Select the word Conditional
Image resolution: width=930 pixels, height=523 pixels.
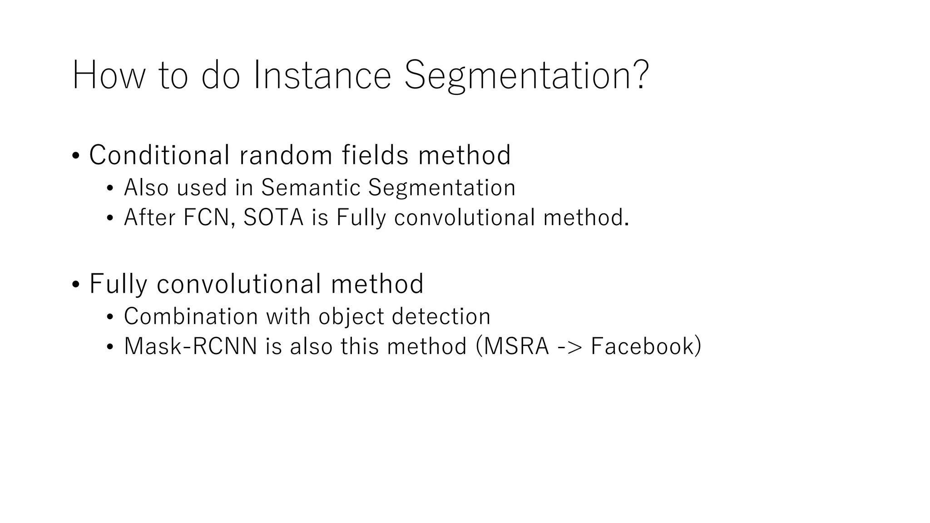159,155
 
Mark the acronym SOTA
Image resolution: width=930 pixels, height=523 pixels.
273,217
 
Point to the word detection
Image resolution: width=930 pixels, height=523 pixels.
441,316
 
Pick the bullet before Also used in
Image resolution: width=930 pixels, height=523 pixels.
109,188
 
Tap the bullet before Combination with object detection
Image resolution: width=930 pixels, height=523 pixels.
109,317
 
